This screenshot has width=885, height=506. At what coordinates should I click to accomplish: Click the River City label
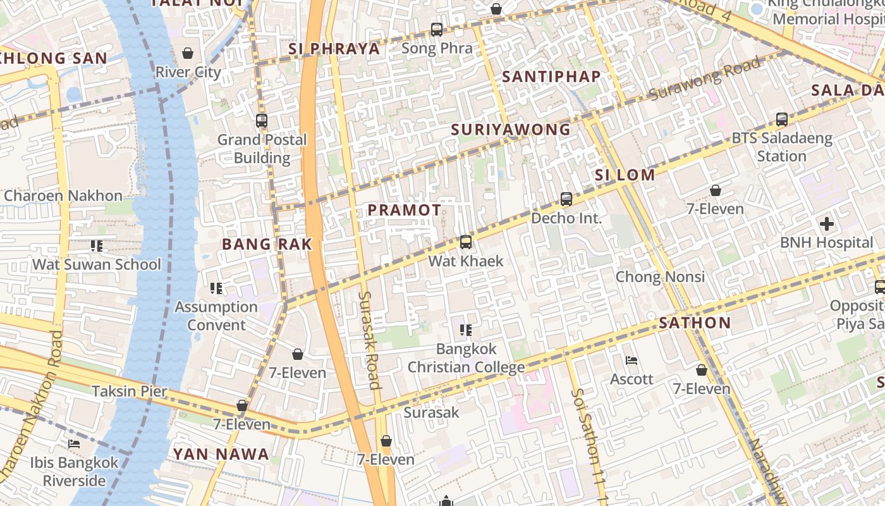coord(188,71)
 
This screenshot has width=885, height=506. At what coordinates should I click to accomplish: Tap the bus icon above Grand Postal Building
coord(262,120)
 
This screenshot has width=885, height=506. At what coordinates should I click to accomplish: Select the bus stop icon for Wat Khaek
coord(466,242)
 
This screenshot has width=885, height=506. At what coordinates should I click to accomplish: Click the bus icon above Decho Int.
coord(566,199)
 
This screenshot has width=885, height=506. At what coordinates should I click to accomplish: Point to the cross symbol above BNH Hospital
coord(826,224)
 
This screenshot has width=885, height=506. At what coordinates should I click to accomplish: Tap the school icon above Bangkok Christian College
coord(466,330)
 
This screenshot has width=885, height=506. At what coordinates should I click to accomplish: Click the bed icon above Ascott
coord(632,361)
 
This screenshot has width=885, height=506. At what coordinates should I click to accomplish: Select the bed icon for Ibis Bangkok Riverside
coord(74,443)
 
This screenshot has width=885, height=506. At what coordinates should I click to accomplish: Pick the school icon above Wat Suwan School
coord(97,245)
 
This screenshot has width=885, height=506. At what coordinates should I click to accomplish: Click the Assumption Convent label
coord(216,316)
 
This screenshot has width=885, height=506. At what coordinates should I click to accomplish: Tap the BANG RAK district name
coord(267,244)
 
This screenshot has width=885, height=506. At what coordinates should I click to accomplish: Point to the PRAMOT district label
coord(405,210)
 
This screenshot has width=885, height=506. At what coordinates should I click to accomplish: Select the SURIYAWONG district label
coord(511,130)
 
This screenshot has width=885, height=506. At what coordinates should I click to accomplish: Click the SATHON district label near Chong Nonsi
coord(695,323)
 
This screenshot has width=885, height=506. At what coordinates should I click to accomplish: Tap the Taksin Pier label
coord(130,391)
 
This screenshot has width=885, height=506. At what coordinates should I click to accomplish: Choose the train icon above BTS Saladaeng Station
coord(782,119)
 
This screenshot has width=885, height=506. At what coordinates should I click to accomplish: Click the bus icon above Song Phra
coord(437,29)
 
